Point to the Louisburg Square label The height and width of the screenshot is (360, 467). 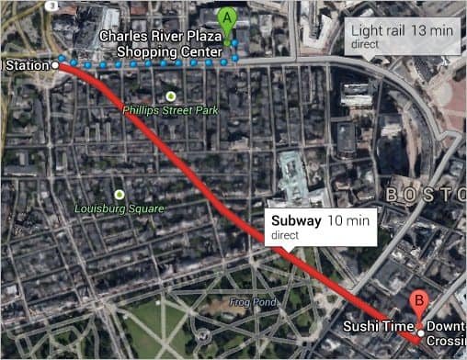(120, 208)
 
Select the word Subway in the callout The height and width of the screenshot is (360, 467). (296, 221)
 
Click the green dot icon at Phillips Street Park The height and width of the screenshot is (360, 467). (170, 96)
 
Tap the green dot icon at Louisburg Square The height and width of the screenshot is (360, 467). (120, 194)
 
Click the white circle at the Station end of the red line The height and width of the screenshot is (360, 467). (55, 66)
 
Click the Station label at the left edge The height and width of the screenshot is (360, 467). (23, 65)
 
